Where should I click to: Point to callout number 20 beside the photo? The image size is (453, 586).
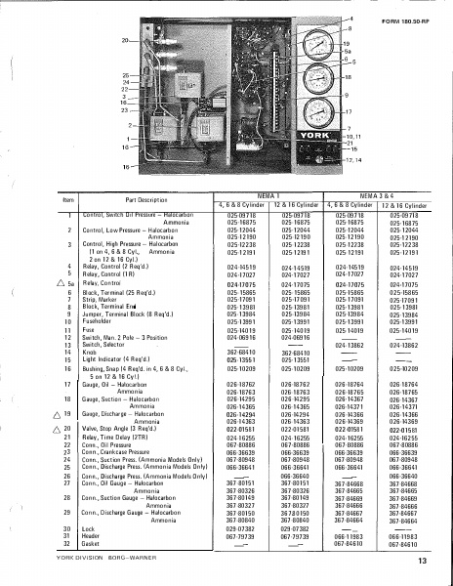click(124, 42)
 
